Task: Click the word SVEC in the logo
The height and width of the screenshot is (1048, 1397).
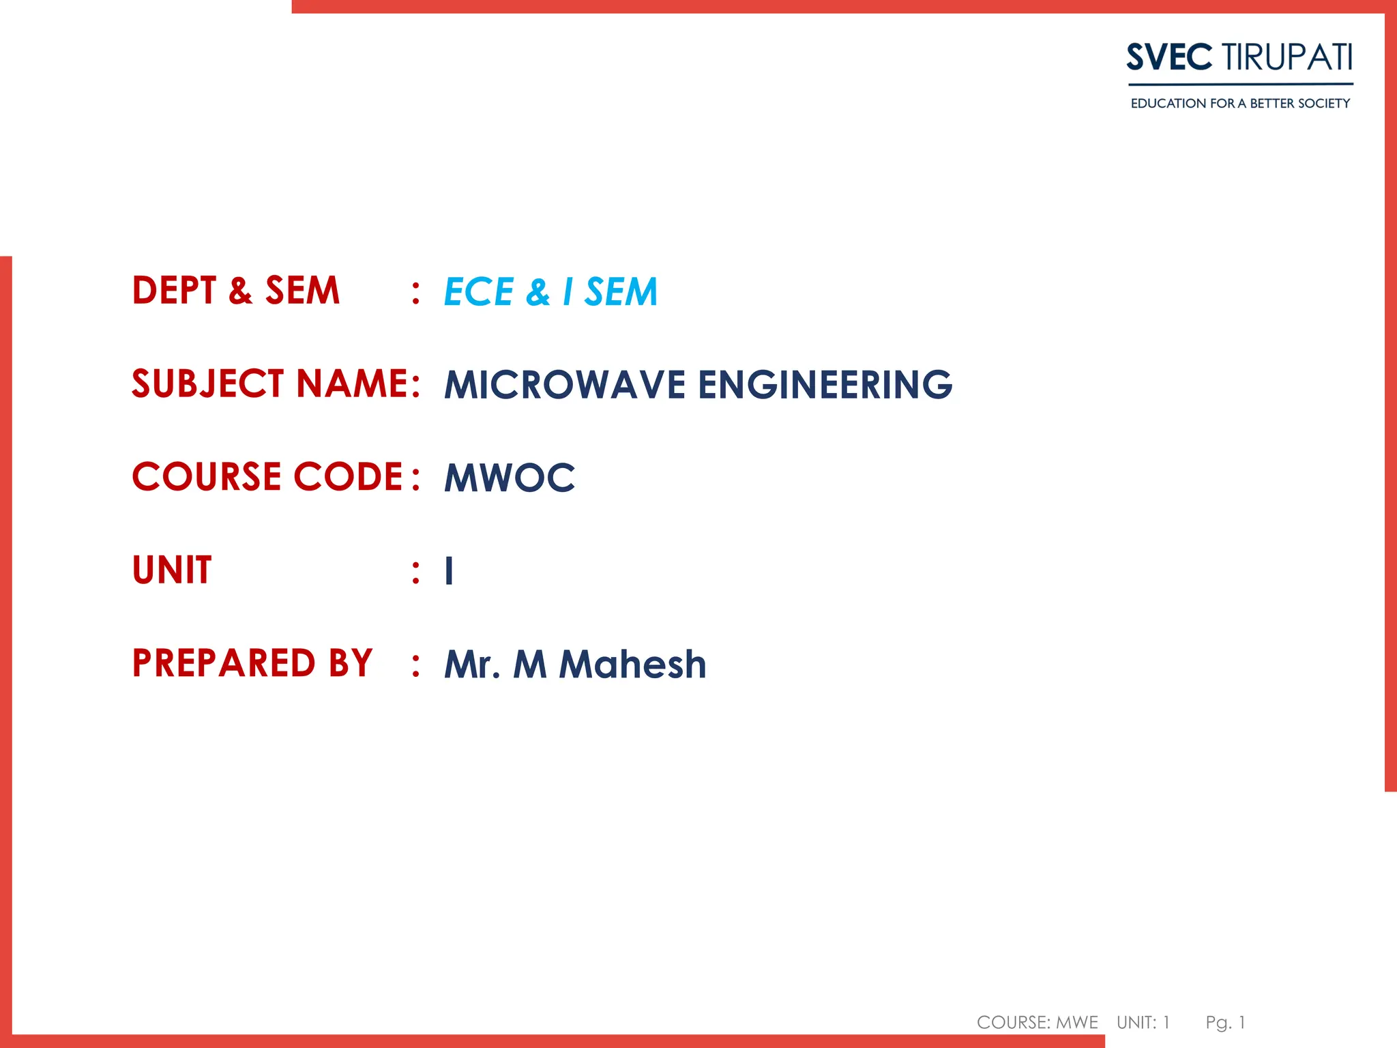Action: [x=1169, y=57]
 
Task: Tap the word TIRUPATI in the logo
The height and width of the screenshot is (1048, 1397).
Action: [x=1287, y=57]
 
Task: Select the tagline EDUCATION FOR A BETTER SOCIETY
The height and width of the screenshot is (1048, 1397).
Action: [x=1240, y=104]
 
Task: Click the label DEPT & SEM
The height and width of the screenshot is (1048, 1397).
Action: [x=236, y=291]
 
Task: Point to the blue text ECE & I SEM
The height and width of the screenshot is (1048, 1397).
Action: [x=550, y=292]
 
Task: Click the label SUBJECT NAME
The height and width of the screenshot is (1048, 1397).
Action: [x=270, y=383]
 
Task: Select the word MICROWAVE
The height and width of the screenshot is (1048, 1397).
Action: [x=565, y=385]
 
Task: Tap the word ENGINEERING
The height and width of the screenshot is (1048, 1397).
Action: [x=825, y=385]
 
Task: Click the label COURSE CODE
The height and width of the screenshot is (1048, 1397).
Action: [x=267, y=476]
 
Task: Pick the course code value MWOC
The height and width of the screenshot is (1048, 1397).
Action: [x=510, y=478]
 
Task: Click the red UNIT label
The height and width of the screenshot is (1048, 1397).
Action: [x=172, y=570]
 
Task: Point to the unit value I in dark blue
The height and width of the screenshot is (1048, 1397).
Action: [x=449, y=571]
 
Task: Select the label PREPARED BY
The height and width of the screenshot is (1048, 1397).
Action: [x=252, y=663]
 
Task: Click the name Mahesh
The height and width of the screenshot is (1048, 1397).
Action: [x=632, y=665]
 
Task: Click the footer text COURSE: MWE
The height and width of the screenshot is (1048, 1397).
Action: [x=1037, y=1022]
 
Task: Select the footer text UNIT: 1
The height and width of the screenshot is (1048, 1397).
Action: [x=1143, y=1022]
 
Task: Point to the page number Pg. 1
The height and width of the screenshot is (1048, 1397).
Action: [x=1225, y=1022]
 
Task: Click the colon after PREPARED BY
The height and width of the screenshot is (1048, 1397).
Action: [x=415, y=665]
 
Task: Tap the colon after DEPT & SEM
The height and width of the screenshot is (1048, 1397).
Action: [x=415, y=292]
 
